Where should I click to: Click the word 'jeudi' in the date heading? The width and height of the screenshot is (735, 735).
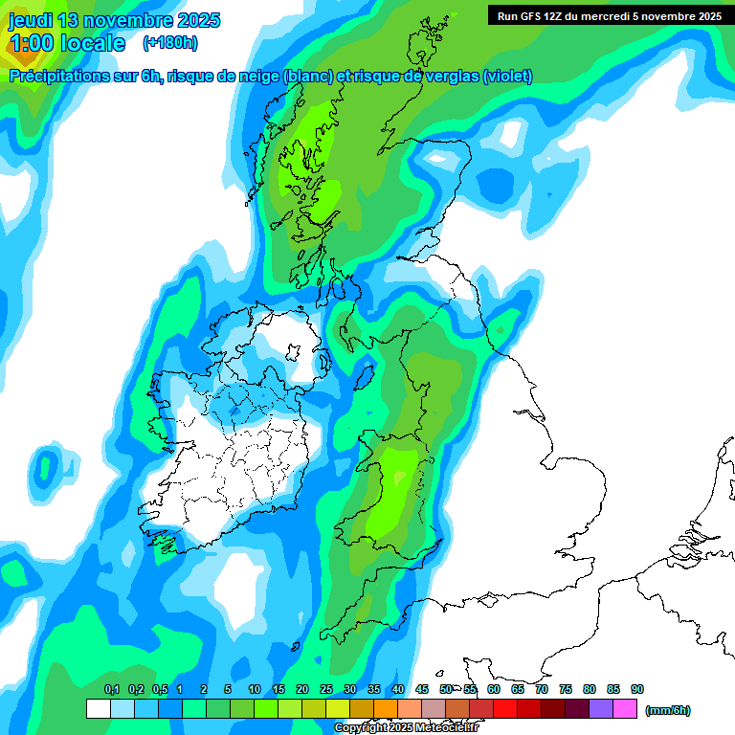pos(32,20)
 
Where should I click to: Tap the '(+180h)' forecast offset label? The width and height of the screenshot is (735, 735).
pos(170,43)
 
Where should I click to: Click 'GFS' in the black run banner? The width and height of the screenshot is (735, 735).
pos(527,16)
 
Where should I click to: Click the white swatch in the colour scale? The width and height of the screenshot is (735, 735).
pos(98,709)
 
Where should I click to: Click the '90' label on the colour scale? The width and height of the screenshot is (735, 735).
pos(637,689)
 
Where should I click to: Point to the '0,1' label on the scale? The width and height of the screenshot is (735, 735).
pos(111,689)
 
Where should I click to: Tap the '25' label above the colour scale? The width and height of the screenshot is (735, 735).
pos(326,689)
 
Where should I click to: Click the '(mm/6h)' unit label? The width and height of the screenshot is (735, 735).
pos(668,710)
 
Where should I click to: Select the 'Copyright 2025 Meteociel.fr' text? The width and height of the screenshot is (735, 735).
pos(407,728)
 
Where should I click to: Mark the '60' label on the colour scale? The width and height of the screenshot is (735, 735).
pos(494,689)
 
